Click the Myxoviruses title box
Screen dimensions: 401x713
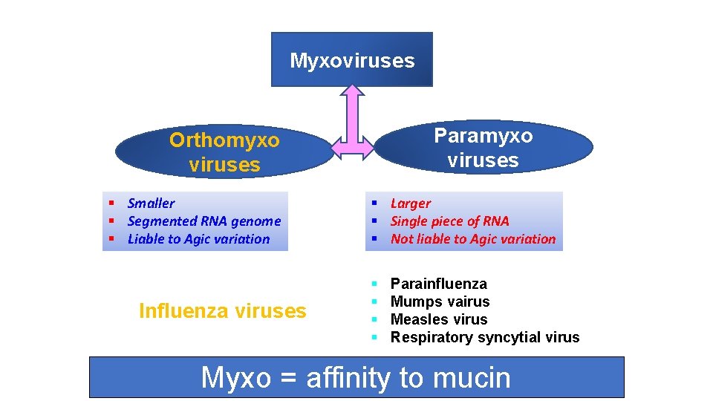[x=351, y=59]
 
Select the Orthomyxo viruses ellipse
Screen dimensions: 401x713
[x=224, y=152]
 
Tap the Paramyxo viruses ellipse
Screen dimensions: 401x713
[x=483, y=148]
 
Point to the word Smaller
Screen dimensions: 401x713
[x=151, y=203]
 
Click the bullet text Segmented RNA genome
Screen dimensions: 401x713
[x=204, y=221]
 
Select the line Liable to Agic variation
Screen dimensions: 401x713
[x=198, y=238]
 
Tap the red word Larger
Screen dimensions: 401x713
[x=410, y=203]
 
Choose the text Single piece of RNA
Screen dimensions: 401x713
[x=449, y=221]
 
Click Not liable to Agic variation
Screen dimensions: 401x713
[x=472, y=238]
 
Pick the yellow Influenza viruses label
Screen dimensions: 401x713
[x=222, y=310]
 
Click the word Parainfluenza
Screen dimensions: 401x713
[x=438, y=284]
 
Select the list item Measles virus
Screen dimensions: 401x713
[x=438, y=319]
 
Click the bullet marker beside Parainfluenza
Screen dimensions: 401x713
[x=374, y=284]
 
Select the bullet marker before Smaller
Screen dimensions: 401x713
[x=111, y=203]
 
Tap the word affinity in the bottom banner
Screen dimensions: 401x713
[x=348, y=377]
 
